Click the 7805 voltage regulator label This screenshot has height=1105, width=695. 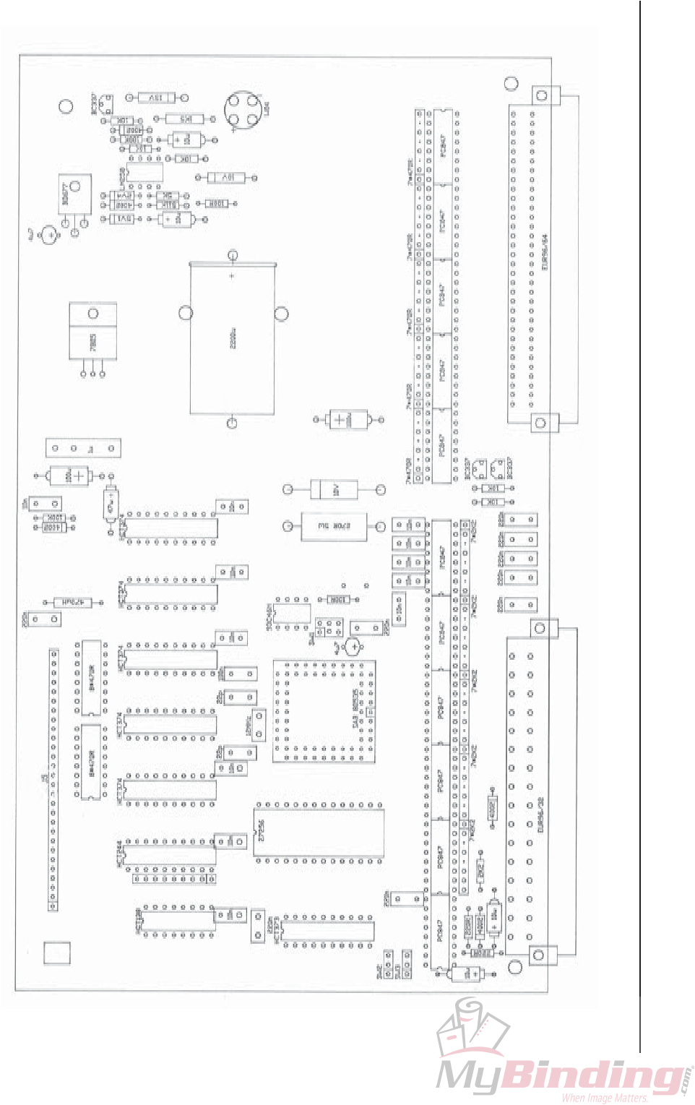coord(92,342)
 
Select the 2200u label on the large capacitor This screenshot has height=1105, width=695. coord(233,337)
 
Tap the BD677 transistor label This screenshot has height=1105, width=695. coord(66,193)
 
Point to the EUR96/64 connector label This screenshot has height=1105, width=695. coord(544,251)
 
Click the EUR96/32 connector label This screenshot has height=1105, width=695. coord(540,815)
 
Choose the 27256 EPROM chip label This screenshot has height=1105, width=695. coord(261,829)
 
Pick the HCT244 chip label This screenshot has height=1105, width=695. coord(119,854)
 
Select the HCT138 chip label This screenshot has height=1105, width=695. coord(138,920)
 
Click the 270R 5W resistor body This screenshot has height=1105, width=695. coord(334,526)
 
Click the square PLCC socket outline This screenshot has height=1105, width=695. coord(324,710)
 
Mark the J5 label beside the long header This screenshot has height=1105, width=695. coord(44,778)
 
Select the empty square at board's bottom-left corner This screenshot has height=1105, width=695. coord(57,953)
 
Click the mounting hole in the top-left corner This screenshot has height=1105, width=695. coord(66,106)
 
